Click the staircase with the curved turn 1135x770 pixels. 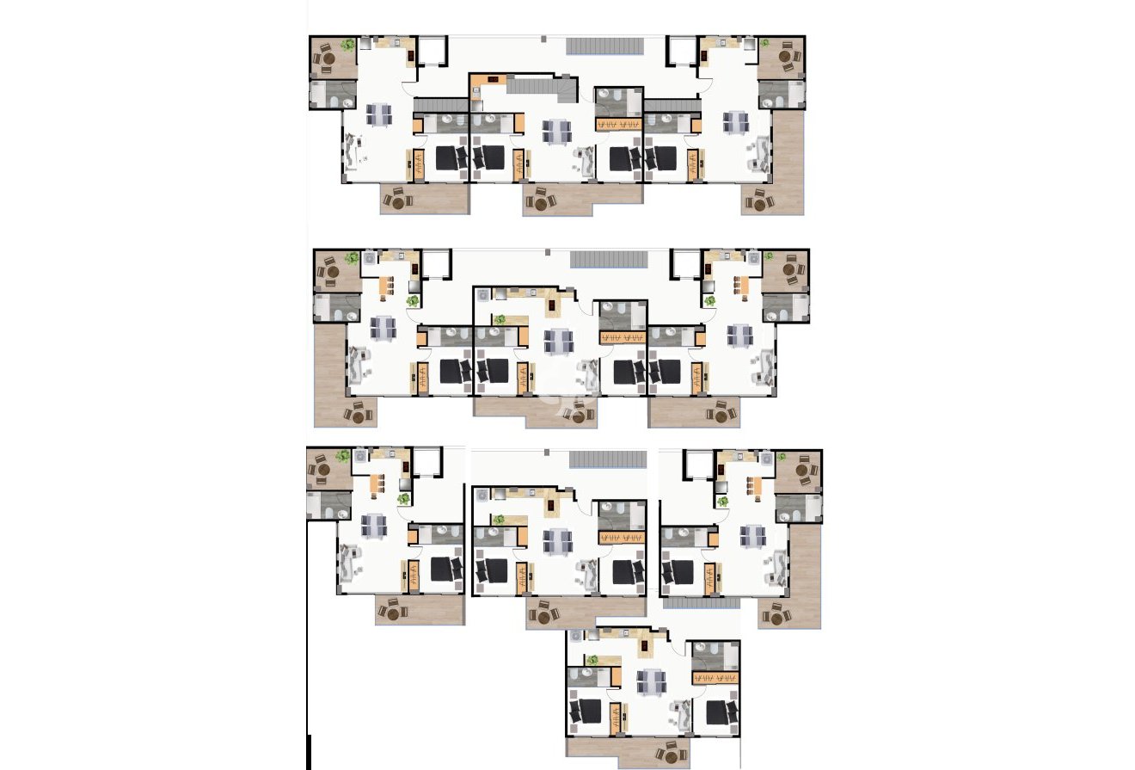tap(542, 87)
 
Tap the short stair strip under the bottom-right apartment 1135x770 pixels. tap(701, 604)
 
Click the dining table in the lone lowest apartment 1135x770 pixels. tap(652, 681)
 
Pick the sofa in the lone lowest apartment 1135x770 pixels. tap(684, 714)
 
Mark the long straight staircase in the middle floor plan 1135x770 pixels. tap(608, 258)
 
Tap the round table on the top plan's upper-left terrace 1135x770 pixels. tap(327, 59)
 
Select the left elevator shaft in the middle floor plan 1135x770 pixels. tap(435, 263)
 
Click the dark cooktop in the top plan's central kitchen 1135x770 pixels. tap(494, 79)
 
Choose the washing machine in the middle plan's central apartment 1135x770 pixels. tap(483, 295)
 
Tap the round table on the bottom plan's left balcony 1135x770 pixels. tap(395, 613)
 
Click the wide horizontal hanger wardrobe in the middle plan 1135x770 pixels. tap(622, 336)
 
